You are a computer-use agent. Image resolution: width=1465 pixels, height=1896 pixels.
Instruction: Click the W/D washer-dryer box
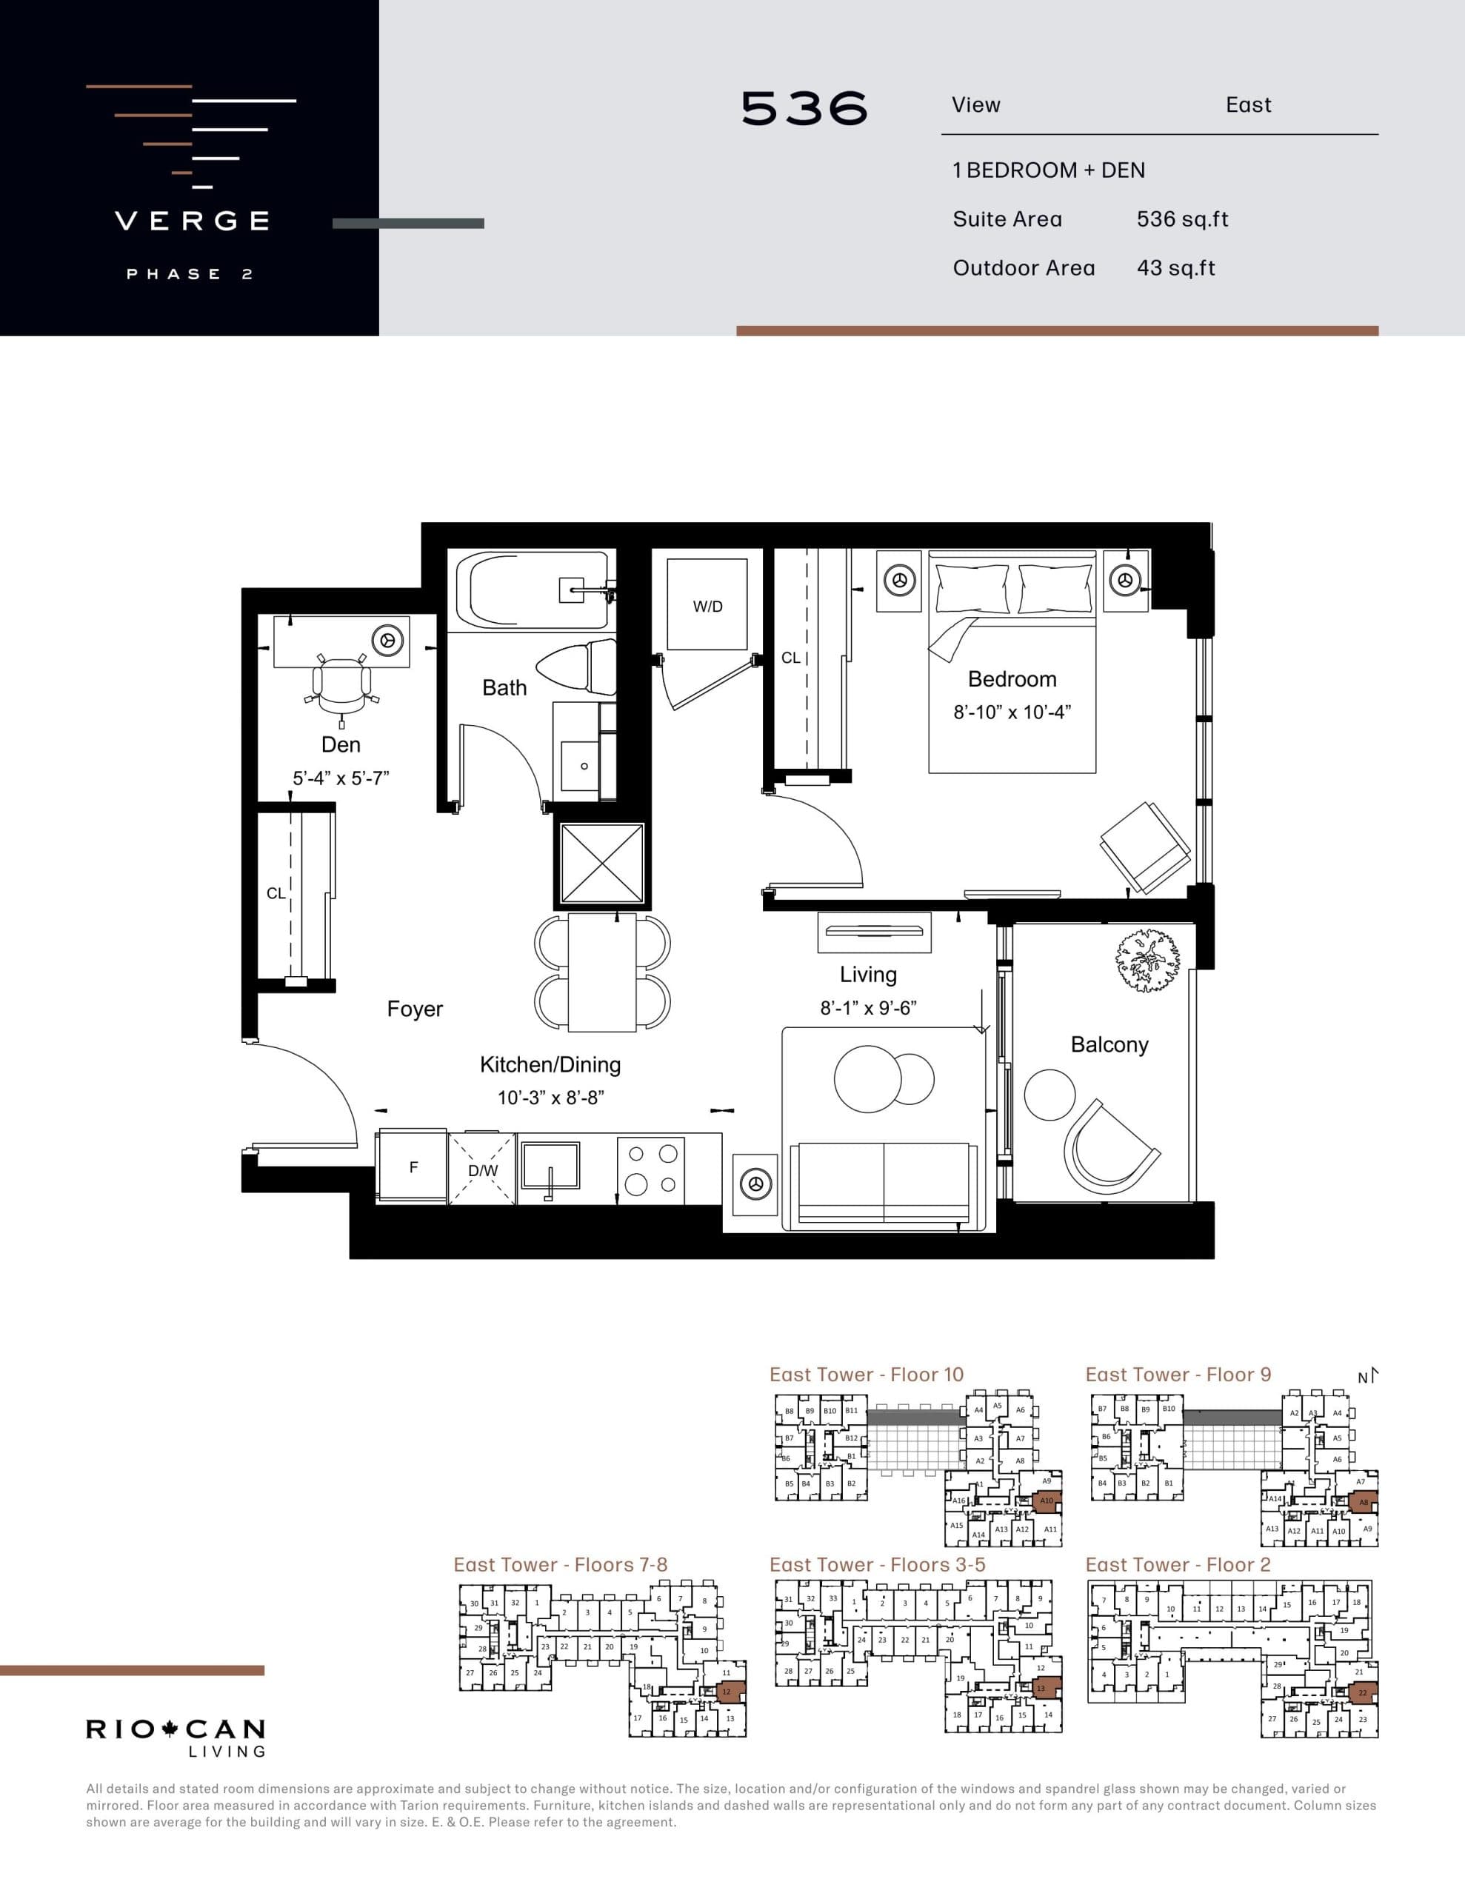point(707,605)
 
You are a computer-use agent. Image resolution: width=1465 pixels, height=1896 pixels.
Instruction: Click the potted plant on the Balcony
point(1148,959)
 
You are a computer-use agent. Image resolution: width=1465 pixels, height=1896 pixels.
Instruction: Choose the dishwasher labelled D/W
point(483,1169)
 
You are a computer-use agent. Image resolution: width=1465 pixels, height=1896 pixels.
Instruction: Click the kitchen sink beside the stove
point(550,1165)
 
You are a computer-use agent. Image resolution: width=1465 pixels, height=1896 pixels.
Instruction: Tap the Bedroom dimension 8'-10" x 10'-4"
point(1012,712)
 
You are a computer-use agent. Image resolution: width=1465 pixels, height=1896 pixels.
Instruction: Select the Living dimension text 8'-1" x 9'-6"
point(868,1008)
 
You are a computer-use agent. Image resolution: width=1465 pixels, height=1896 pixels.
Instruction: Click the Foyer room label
point(414,1009)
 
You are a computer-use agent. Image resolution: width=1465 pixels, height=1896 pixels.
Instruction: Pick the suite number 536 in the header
point(804,109)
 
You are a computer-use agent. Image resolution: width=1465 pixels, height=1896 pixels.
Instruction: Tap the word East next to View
point(1248,105)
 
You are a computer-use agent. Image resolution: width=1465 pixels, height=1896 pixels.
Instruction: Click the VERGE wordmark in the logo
point(193,221)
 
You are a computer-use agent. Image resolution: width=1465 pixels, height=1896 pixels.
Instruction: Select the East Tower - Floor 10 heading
point(866,1375)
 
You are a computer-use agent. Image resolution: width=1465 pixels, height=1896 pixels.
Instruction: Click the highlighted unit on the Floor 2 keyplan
point(1361,1693)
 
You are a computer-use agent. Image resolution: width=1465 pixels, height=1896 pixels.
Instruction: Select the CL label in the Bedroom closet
point(790,658)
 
